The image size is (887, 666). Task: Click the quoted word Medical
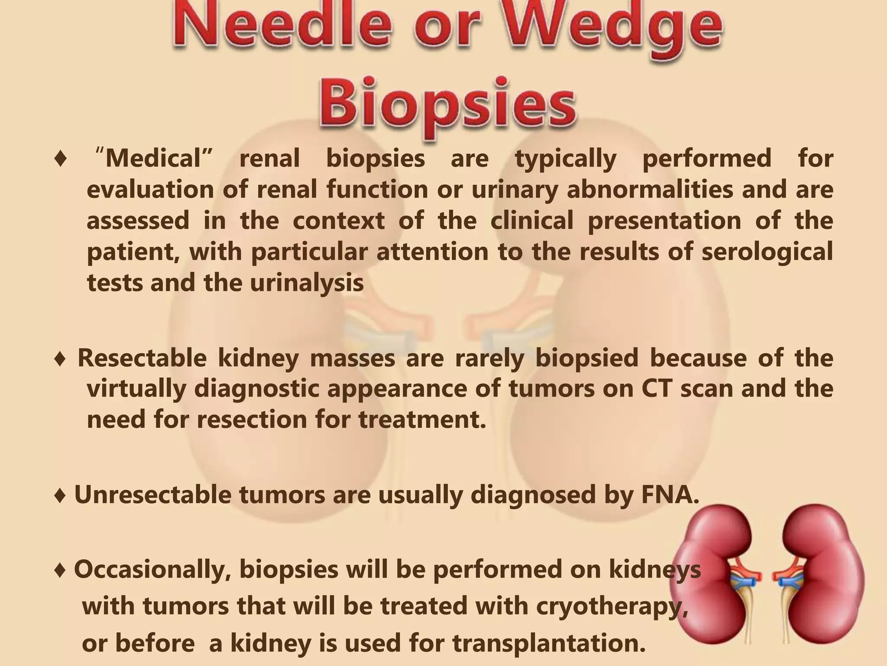point(154,159)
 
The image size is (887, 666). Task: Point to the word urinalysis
point(307,284)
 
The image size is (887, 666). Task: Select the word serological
point(767,252)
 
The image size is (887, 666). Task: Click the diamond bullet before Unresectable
point(60,495)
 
